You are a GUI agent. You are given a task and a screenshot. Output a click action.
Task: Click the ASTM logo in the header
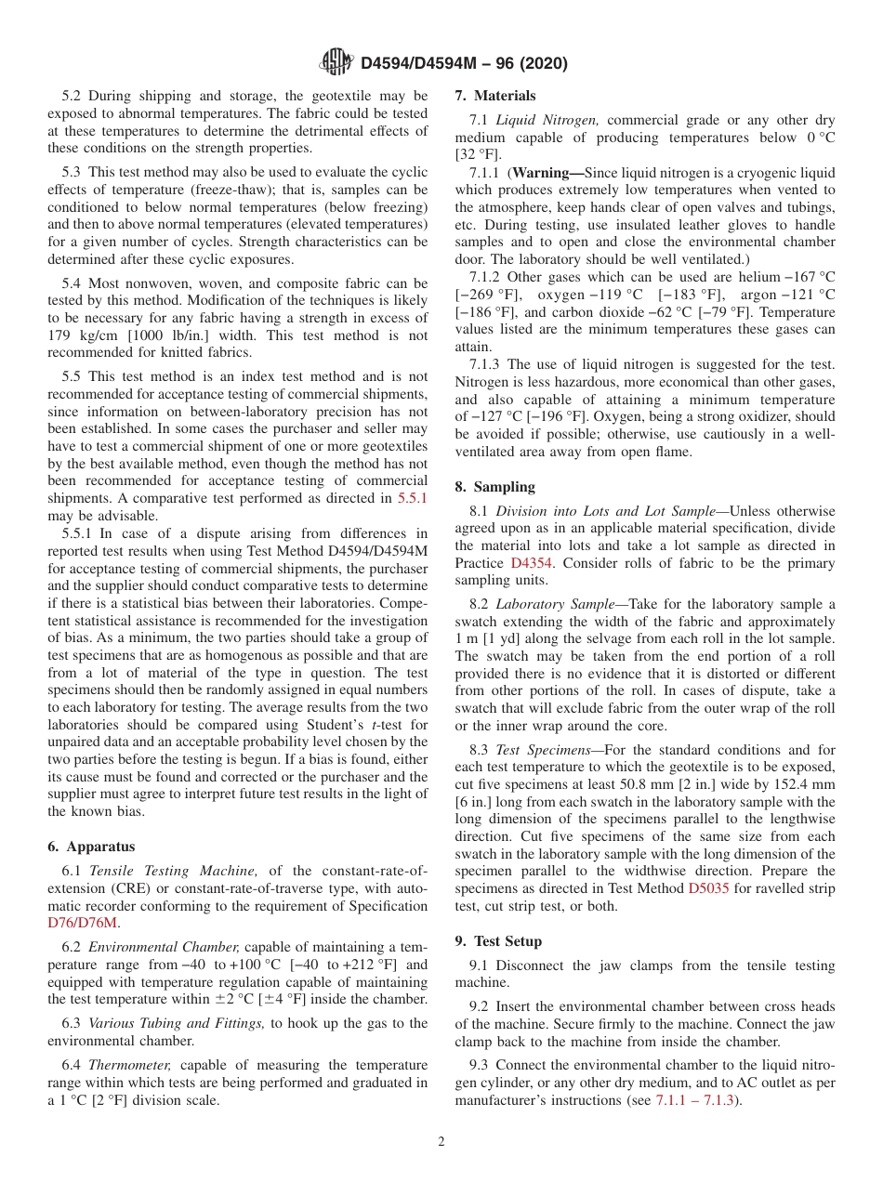[336, 62]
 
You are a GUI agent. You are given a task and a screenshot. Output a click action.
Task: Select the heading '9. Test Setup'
[498, 940]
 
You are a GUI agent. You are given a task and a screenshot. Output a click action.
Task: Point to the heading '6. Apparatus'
[90, 847]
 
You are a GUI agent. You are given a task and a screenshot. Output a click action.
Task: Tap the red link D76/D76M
[83, 923]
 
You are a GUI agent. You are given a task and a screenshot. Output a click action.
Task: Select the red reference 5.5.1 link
[412, 498]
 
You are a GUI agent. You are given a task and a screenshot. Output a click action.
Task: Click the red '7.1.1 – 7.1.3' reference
[695, 1101]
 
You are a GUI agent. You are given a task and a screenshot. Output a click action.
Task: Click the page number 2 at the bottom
[441, 1142]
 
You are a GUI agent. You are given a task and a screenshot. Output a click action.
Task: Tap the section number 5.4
[73, 283]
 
